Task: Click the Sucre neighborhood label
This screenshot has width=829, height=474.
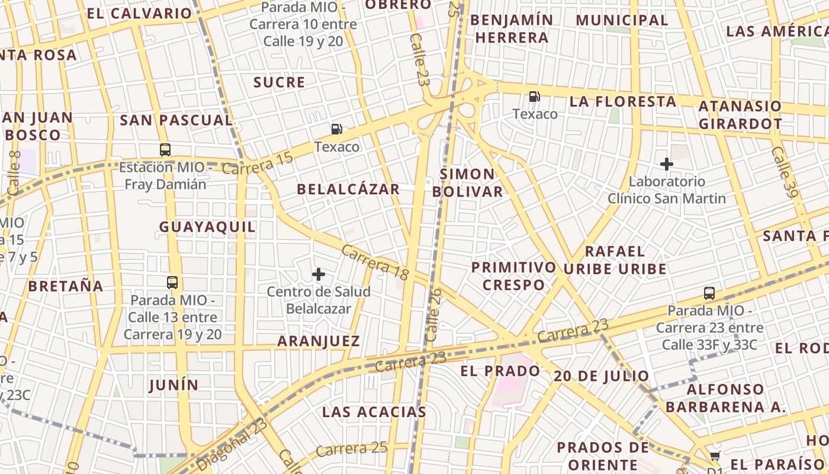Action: point(279,82)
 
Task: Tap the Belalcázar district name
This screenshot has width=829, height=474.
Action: point(348,190)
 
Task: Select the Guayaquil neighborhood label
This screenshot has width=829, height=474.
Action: point(207,227)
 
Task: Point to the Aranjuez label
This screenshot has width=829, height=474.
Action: point(319,341)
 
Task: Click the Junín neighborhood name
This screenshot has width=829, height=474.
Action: point(173,385)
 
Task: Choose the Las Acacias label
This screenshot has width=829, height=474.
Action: point(374,412)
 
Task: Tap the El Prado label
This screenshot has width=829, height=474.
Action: point(500,371)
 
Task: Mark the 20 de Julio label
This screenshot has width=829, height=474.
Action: point(602,376)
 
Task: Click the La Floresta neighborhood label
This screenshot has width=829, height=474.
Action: point(623,101)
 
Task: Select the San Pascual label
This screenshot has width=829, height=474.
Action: point(176,120)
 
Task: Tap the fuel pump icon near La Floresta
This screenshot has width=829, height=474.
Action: point(535,97)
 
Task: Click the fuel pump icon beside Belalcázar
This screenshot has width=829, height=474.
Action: point(336,129)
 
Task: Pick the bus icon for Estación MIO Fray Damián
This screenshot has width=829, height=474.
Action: point(165,150)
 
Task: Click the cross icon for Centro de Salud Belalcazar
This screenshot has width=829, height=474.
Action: point(319,274)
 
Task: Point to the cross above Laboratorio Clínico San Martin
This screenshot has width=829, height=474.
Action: point(667,164)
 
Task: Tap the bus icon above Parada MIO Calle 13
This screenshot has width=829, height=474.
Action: point(172,283)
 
